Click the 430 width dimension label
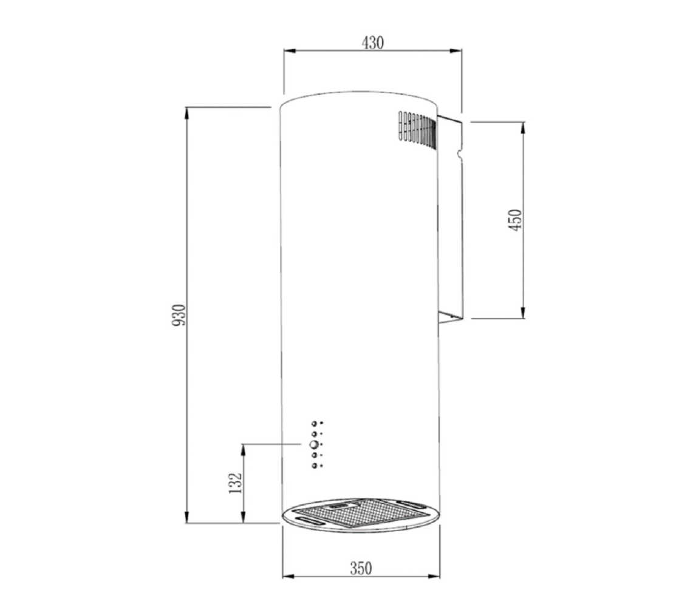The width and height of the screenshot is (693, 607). tap(372, 43)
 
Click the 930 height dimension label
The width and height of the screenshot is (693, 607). tap(179, 315)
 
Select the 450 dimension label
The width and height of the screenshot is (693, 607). tap(515, 220)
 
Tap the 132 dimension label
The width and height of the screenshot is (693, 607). tap(236, 483)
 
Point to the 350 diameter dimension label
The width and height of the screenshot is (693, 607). tap(361, 568)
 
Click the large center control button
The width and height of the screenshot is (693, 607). tap(314, 444)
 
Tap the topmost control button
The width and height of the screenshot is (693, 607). tap(314, 423)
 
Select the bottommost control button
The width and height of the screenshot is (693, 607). tap(314, 466)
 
